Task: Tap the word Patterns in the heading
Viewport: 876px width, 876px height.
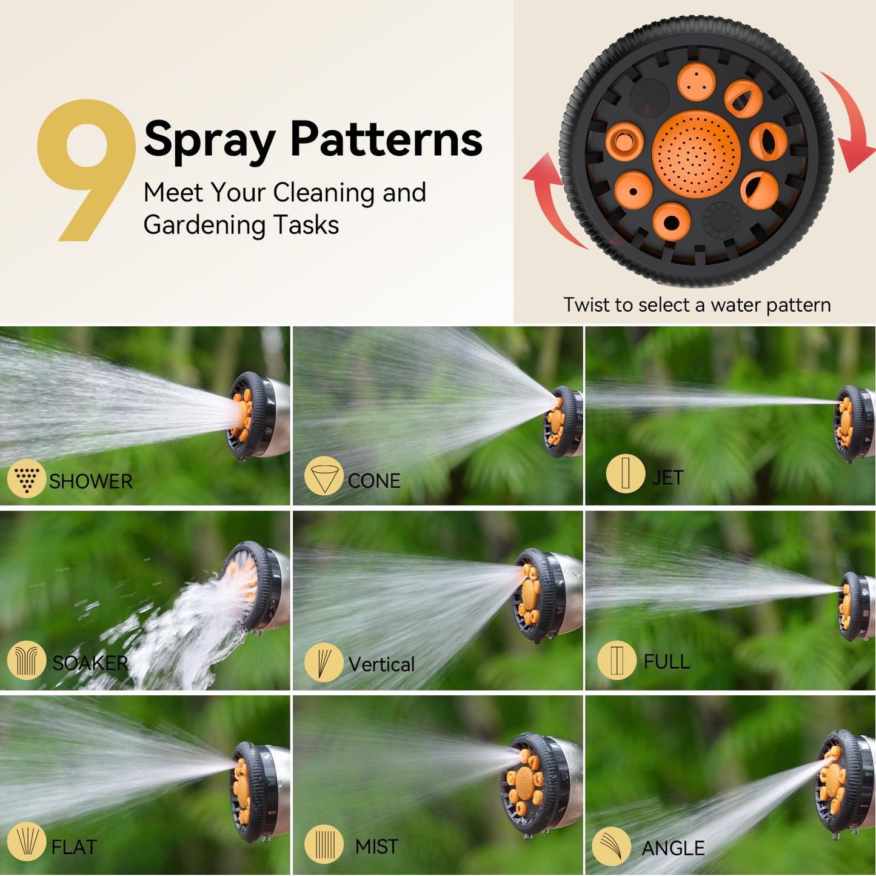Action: pyautogui.click(x=386, y=139)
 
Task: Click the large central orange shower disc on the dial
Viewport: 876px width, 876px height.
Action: pyautogui.click(x=696, y=154)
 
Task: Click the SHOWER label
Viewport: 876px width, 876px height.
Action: pyautogui.click(x=90, y=481)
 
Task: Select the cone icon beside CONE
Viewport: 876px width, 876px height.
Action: pyautogui.click(x=324, y=476)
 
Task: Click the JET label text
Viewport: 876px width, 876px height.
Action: pyautogui.click(x=667, y=478)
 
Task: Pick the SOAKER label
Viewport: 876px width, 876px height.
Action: pyautogui.click(x=90, y=663)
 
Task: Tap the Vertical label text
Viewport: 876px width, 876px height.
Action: pyautogui.click(x=381, y=664)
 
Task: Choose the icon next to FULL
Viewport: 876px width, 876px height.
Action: pyautogui.click(x=617, y=660)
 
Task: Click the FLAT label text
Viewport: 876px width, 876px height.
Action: pyautogui.click(x=74, y=847)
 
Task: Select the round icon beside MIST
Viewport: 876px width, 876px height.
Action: pyautogui.click(x=324, y=843)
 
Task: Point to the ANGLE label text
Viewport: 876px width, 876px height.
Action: pyautogui.click(x=673, y=848)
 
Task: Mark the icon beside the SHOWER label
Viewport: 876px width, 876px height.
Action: pyautogui.click(x=26, y=478)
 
